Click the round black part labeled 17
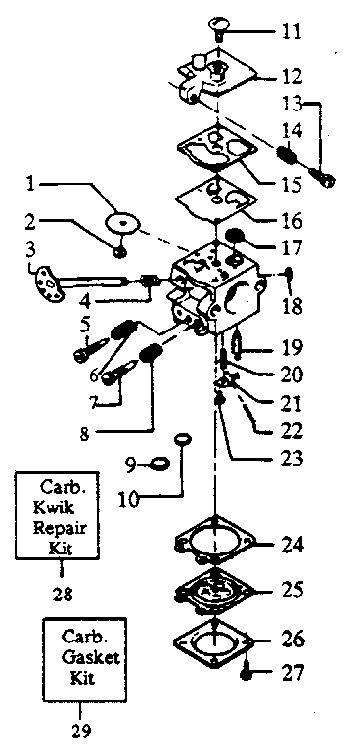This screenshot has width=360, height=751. click(235, 236)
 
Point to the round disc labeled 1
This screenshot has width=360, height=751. click(122, 223)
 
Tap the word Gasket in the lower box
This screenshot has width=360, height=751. click(92, 658)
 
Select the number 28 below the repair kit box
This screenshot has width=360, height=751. click(63, 595)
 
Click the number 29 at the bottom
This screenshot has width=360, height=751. click(79, 731)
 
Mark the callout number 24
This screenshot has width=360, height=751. click(290, 545)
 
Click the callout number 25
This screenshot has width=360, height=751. click(290, 590)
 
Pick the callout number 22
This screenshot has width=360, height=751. click(290, 430)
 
